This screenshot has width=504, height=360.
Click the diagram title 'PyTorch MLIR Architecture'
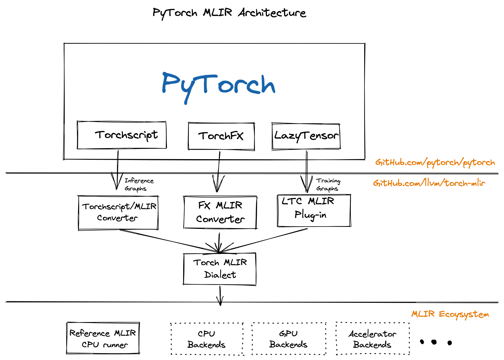pyautogui.click(x=229, y=13)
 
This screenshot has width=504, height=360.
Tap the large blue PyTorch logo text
pyautogui.click(x=218, y=85)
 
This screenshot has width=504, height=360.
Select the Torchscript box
pyautogui.click(x=122, y=135)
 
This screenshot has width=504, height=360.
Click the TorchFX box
pyautogui.click(x=221, y=136)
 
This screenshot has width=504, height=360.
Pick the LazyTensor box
pyautogui.click(x=306, y=136)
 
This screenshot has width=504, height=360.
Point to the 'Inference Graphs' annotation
pyautogui.click(x=139, y=184)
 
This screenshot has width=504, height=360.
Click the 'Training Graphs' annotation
pyautogui.click(x=328, y=184)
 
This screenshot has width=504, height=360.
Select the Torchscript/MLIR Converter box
pyautogui.click(x=118, y=212)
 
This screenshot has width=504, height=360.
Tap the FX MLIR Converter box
pyautogui.click(x=220, y=212)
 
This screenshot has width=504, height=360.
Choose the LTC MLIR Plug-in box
pyautogui.click(x=314, y=210)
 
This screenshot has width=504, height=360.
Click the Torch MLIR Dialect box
pyautogui.click(x=220, y=269)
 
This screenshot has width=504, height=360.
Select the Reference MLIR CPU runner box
pyautogui.click(x=103, y=338)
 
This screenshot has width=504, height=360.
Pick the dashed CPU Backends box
pyautogui.click(x=207, y=339)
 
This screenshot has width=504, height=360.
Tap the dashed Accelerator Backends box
pyautogui.click(x=373, y=339)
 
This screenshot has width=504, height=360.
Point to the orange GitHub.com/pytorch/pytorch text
pyautogui.click(x=435, y=163)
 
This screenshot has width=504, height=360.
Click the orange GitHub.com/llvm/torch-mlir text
pyautogui.click(x=429, y=183)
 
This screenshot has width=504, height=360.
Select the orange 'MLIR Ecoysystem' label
pyautogui.click(x=450, y=314)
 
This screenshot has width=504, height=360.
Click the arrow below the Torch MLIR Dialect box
pyautogui.click(x=220, y=296)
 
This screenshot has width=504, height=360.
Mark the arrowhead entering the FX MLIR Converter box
pyautogui.click(x=218, y=186)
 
